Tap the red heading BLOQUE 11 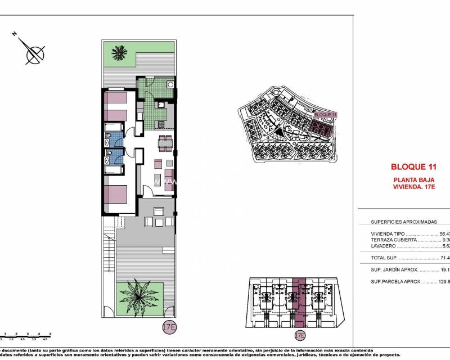click(x=413, y=166)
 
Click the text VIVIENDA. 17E click(x=414, y=187)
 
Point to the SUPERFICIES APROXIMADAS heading click(x=404, y=222)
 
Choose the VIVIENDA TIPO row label click(x=388, y=234)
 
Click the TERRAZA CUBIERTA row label click(x=394, y=240)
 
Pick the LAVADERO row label click(x=384, y=246)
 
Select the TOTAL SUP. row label click(x=384, y=258)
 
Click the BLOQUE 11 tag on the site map click(x=325, y=115)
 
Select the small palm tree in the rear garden click(x=118, y=53)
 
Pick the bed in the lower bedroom click(x=116, y=193)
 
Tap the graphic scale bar click(x=25, y=336)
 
